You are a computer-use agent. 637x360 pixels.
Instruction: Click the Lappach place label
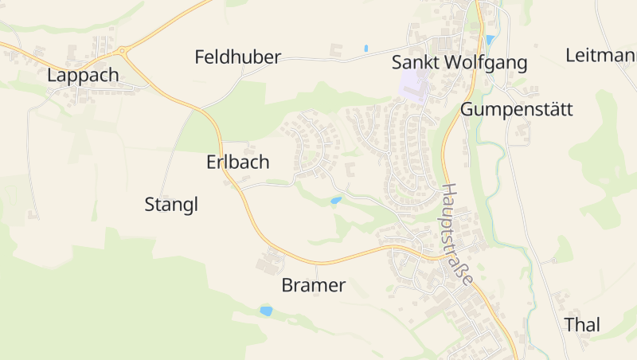[x=83, y=76]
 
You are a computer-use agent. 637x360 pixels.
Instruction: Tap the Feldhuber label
[x=238, y=57]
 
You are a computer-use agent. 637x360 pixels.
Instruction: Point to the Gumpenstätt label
[x=516, y=109]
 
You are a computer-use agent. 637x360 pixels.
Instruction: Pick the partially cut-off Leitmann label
[x=601, y=56]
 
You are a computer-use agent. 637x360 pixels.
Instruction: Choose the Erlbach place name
[x=238, y=162]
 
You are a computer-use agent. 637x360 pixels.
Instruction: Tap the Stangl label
[x=171, y=205]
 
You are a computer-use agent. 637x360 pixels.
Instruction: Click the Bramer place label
[x=314, y=285]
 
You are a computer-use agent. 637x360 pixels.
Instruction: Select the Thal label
[x=582, y=325]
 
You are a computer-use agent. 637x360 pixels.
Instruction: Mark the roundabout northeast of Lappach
[x=122, y=52]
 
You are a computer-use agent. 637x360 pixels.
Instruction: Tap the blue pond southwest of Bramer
[x=266, y=311]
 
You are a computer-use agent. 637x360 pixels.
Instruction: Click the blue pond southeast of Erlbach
[x=336, y=201]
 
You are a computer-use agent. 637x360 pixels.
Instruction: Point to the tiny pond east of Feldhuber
[x=365, y=49]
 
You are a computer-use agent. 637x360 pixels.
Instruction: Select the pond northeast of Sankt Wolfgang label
[x=490, y=39]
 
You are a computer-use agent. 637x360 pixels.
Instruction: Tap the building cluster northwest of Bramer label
[x=272, y=260]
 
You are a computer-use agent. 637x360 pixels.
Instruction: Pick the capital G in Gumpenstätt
[x=468, y=109]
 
